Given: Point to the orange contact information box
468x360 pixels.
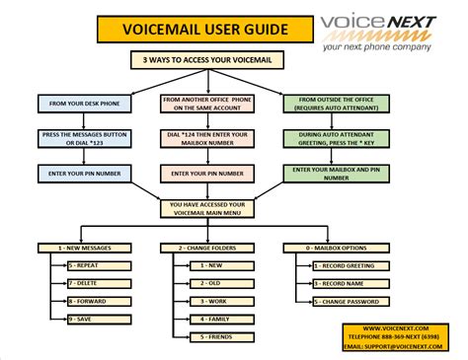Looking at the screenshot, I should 394,335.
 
